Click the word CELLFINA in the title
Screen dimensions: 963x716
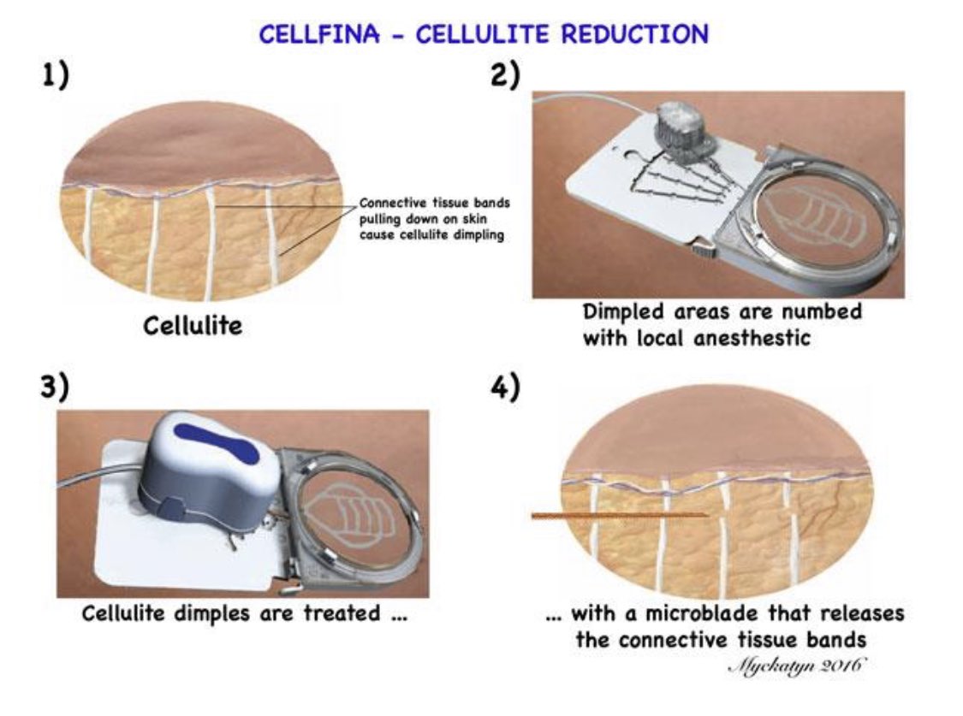pos(319,33)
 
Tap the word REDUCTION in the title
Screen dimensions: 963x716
pos(635,33)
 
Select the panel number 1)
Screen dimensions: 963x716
pos(56,75)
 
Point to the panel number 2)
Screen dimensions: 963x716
pos(505,75)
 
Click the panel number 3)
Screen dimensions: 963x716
pos(56,388)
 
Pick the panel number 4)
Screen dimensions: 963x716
pos(505,388)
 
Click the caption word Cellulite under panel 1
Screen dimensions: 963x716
pos(193,325)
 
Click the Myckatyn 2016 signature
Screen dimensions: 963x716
pos(797,665)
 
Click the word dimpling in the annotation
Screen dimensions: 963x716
pos(479,235)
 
